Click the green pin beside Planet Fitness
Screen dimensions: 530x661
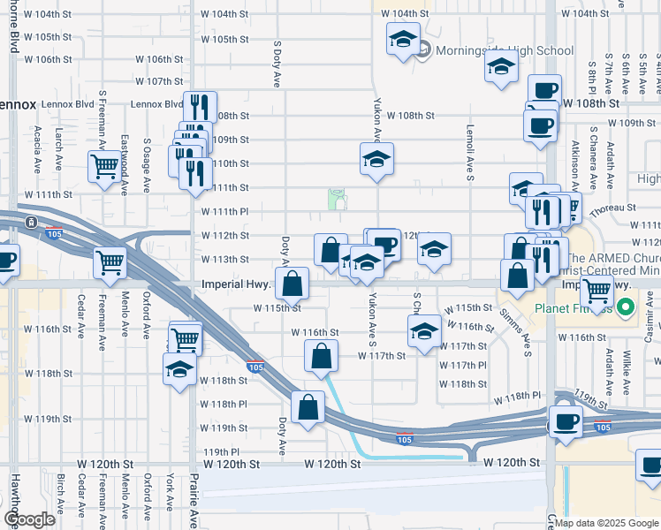[627, 309]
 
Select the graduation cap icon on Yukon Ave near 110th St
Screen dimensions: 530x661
[377, 160]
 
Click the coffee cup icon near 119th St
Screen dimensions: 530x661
[566, 421]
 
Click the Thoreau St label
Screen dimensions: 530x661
[613, 208]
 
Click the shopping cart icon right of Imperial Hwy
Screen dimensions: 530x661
[598, 290]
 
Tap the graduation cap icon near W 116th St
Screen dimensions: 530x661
[424, 332]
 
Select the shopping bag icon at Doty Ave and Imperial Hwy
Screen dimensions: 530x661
[292, 284]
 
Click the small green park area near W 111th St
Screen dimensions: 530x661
[337, 200]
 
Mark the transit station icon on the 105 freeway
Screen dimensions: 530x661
[32, 221]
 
